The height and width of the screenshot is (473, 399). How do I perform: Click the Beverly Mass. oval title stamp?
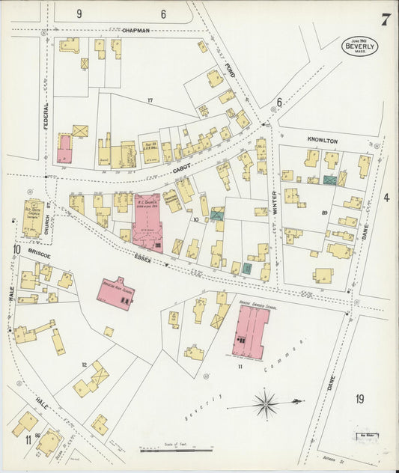[x=360, y=46]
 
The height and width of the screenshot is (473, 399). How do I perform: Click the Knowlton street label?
[x=322, y=141]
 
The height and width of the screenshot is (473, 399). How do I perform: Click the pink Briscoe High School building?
[x=115, y=293]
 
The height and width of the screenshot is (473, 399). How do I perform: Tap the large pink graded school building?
[x=252, y=332]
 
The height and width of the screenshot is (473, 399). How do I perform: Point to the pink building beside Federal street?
[x=64, y=148]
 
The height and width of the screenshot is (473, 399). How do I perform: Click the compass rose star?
[x=266, y=406]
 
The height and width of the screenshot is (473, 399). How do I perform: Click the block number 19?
[x=359, y=399]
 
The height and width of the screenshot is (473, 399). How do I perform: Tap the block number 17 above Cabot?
[x=150, y=100]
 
